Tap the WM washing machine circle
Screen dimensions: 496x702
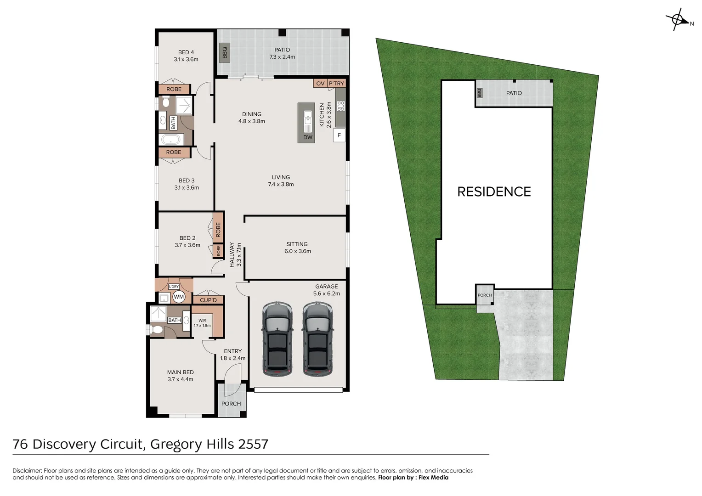tap(179, 297)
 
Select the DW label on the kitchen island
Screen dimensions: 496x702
tap(308, 137)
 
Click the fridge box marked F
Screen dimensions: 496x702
tap(339, 135)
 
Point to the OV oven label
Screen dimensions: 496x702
tap(320, 84)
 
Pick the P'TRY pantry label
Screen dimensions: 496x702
tap(336, 84)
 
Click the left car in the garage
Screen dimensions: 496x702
tap(277, 338)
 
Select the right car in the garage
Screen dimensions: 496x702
tap(317, 338)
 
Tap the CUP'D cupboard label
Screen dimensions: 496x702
tap(208, 300)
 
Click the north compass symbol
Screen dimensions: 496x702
tap(677, 20)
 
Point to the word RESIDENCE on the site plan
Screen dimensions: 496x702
tap(494, 192)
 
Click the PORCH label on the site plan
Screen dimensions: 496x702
tap(485, 295)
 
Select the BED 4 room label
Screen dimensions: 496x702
tap(186, 52)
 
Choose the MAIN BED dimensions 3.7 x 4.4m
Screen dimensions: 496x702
tap(181, 379)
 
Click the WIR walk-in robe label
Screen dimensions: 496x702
tap(202, 321)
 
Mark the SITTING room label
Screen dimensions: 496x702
tap(297, 244)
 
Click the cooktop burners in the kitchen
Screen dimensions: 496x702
tap(340, 106)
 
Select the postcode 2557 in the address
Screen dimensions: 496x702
tap(253, 444)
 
